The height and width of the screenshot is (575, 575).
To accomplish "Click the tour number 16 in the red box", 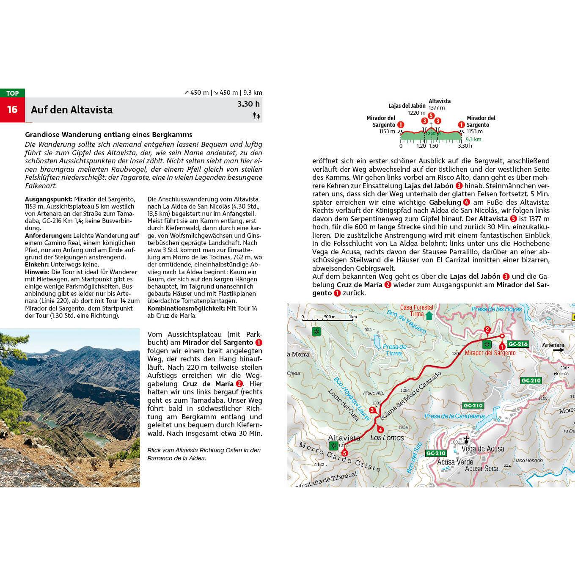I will point(12,110).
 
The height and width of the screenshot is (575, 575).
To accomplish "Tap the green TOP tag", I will point(12,93).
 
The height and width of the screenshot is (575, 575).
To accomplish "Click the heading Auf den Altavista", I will point(72,110).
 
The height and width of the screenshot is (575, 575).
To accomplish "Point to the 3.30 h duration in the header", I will point(248,104).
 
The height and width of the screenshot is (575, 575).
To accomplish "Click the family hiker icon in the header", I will point(256,116).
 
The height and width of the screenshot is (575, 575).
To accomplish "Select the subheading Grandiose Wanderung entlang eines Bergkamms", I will point(109,135).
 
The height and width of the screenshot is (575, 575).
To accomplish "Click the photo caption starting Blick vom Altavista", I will point(204,454).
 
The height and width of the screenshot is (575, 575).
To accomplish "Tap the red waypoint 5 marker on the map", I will point(345,453).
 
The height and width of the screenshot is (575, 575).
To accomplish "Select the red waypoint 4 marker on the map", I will point(380,430).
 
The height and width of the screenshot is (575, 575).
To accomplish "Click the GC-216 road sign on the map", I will point(518,344).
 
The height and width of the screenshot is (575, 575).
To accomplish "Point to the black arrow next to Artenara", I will point(558,350).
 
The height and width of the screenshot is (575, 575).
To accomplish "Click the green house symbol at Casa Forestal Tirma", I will point(429,316).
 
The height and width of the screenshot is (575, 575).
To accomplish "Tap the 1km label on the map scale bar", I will point(353,316).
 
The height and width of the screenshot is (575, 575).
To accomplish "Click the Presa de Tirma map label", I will point(394,350).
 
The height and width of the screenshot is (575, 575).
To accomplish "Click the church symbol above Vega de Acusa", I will point(466,440).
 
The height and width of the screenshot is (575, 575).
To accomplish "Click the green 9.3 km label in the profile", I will point(473,139).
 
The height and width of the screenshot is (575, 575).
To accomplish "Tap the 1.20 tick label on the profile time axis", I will point(421,146).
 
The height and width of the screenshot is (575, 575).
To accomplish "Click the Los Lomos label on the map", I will point(387,438).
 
